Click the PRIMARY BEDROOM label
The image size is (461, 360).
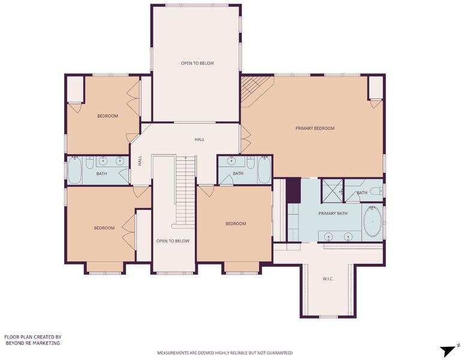click(315, 128)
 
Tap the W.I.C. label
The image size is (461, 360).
click(328, 279)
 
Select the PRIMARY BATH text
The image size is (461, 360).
click(333, 214)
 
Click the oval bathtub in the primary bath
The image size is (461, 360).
click(372, 221)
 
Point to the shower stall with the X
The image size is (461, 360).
click(333, 191)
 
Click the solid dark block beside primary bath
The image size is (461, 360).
click(293, 190)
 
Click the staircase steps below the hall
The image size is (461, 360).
click(185, 191)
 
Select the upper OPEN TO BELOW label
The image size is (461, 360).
click(197, 63)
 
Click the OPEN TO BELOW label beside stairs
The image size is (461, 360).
click(173, 241)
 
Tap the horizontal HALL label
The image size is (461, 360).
click(200, 140)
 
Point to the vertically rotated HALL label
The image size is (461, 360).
click(140, 161)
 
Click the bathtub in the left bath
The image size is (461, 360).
click(74, 170)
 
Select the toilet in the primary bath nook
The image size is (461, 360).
click(376, 191)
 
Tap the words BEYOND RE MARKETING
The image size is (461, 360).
click(32, 343)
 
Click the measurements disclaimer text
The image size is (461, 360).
click(225, 353)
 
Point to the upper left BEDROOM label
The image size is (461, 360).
click(107, 116)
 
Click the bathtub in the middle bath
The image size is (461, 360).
click(264, 170)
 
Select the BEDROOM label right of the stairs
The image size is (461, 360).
click(236, 224)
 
